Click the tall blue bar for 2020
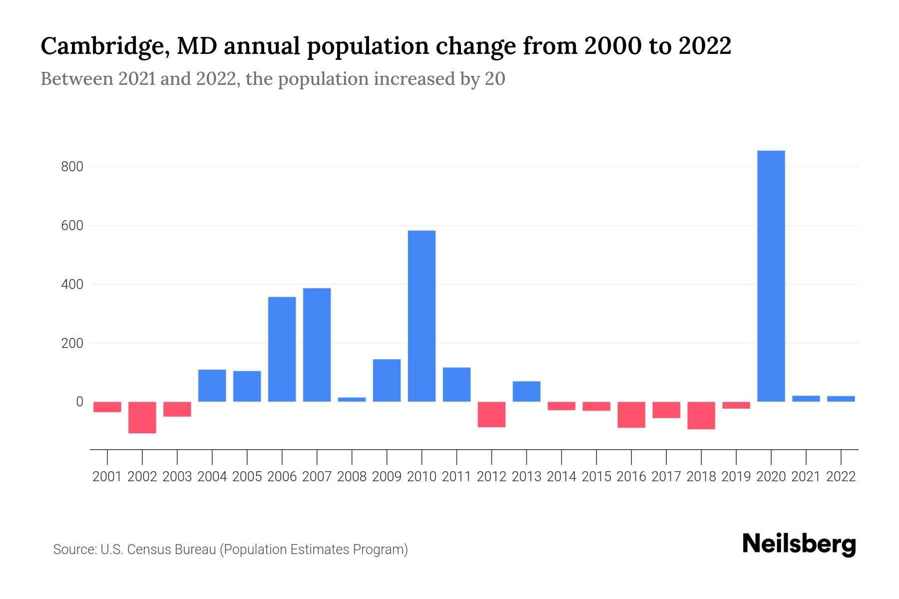(x=771, y=276)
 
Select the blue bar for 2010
(x=422, y=316)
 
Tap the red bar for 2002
(x=142, y=417)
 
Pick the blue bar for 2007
(x=317, y=344)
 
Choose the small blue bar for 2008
(x=352, y=399)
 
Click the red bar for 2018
(x=701, y=415)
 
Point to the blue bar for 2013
(x=526, y=391)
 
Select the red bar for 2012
(x=491, y=414)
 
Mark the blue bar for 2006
(x=282, y=349)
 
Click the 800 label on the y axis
(x=72, y=167)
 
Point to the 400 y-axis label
(x=72, y=285)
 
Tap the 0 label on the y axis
(x=79, y=402)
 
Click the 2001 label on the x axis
(x=107, y=477)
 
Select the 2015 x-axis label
(x=596, y=477)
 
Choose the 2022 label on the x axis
(x=841, y=477)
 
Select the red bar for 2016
(x=631, y=415)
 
